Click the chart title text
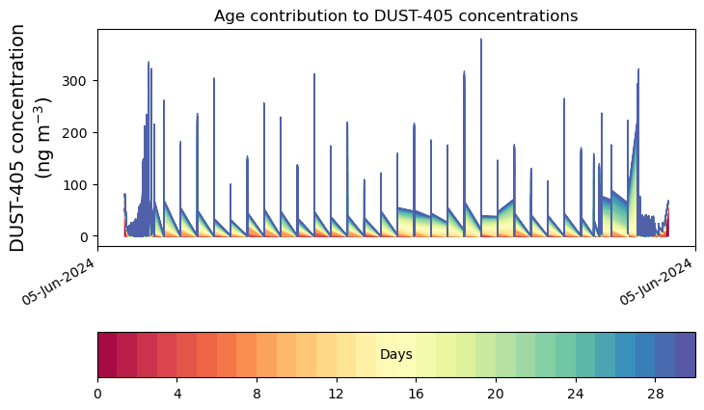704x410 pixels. [395, 15]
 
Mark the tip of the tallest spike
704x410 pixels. [481, 40]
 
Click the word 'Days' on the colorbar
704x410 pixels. [395, 355]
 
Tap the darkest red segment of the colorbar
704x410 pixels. [107, 354]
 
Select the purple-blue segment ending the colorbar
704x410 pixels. [685, 354]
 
